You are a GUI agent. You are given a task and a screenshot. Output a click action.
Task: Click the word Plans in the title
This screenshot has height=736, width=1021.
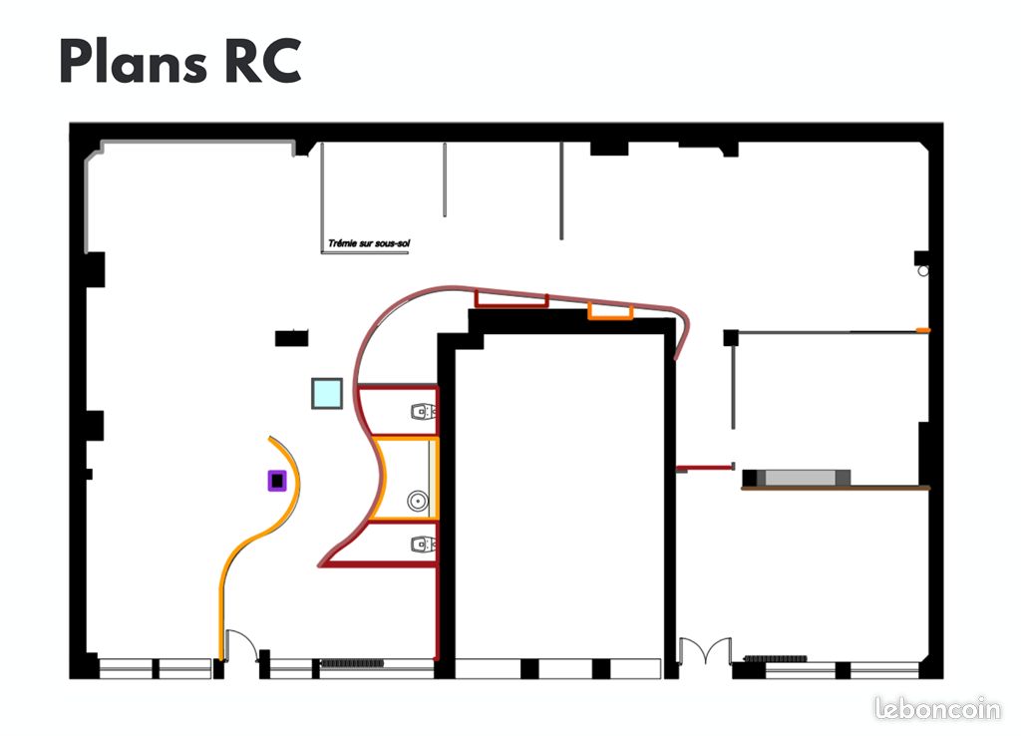coord(134,61)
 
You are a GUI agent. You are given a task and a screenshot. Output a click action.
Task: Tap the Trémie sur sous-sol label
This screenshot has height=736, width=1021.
coord(369,243)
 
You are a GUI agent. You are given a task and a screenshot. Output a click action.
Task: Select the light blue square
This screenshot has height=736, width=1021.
coord(327,393)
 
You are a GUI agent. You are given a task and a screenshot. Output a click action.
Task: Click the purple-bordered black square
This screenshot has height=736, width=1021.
coord(277,481)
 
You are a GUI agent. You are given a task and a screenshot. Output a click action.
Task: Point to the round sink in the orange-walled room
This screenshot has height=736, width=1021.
coord(418,501)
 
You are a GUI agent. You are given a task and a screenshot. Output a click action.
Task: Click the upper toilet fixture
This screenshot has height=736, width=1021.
coord(423,411)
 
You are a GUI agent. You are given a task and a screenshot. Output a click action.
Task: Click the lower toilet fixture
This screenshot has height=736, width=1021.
coord(423,544)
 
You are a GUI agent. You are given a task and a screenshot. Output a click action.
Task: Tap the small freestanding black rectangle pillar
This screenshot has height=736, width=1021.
coord(291,338)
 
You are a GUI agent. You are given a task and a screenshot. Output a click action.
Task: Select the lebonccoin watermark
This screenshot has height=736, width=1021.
coord(937,708)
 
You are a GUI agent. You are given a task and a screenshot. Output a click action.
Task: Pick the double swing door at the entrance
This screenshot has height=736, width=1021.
coord(705,649)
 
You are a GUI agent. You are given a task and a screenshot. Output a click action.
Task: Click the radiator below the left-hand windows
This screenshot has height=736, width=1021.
coord(352,663)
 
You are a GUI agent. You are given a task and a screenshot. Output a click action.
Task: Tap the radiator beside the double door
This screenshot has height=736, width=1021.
coord(775,659)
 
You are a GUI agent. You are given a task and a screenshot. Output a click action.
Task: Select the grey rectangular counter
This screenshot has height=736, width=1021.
coord(800,478)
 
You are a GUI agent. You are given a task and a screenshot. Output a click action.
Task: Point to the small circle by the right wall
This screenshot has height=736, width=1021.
coord(923,270)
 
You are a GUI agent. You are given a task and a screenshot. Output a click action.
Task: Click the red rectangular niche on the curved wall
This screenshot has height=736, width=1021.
coord(511,299)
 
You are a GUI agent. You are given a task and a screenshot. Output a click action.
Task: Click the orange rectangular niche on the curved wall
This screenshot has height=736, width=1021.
coord(611,311)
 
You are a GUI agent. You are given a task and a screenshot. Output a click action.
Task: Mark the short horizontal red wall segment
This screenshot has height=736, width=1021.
coord(705,467)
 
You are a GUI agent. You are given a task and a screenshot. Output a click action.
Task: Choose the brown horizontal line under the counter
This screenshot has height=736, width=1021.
coord(836,488)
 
